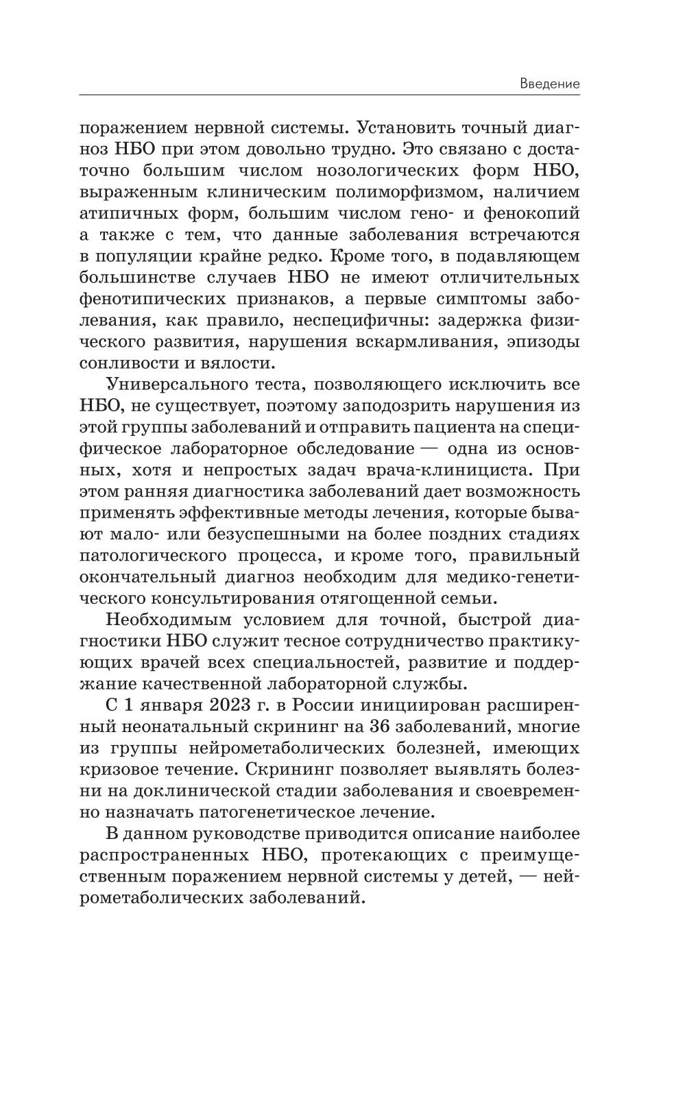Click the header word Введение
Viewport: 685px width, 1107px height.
[549, 84]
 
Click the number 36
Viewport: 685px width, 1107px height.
[381, 727]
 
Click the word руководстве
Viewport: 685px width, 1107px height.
[256, 834]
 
